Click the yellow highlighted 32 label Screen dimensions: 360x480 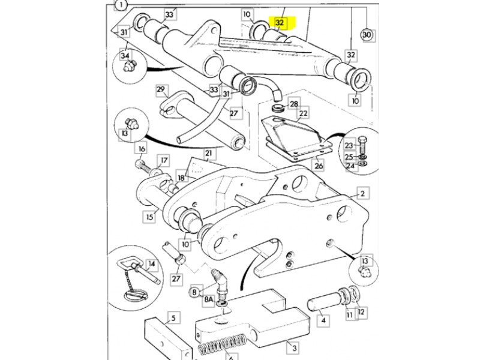[x=279, y=23]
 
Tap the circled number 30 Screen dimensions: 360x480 [x=367, y=35]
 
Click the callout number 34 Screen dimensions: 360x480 [x=125, y=56]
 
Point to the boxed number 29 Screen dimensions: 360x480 [x=160, y=90]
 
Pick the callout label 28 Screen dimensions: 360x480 [x=293, y=104]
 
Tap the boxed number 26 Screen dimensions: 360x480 [x=319, y=166]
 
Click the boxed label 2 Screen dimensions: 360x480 [x=362, y=193]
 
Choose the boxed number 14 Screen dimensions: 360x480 [x=151, y=263]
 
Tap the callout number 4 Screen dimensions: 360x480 [x=324, y=321]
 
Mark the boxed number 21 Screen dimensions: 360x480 [x=209, y=154]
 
